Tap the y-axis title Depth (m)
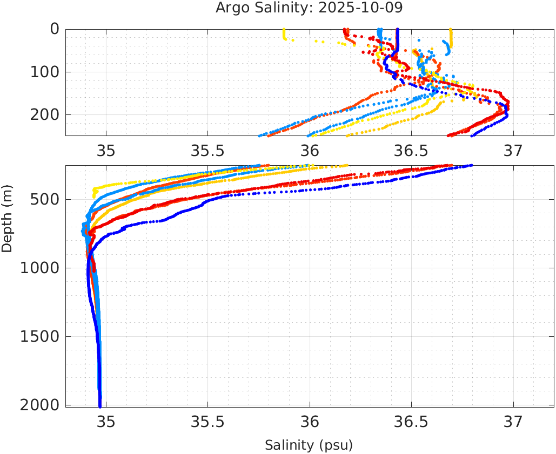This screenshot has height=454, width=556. pyautogui.click(x=7, y=217)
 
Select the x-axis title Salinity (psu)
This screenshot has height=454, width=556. pyautogui.click(x=309, y=445)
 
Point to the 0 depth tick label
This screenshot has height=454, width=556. pyautogui.click(x=55, y=29)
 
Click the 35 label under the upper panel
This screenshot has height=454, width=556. pyautogui.click(x=106, y=151)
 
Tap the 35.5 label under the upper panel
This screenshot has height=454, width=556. pyautogui.click(x=207, y=151)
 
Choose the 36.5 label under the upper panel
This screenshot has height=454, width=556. pyautogui.click(x=411, y=151)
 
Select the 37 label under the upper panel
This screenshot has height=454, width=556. pyautogui.click(x=513, y=151)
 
